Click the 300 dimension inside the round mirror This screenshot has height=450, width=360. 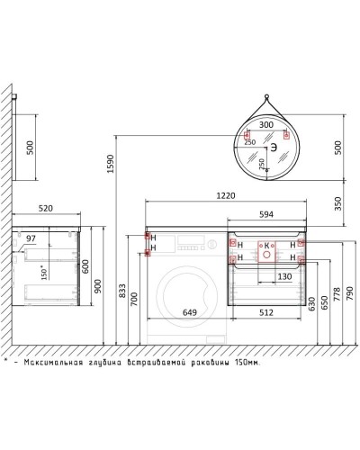click(265, 126)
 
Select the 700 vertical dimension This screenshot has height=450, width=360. click(135, 297)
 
